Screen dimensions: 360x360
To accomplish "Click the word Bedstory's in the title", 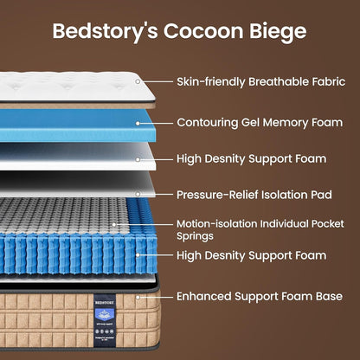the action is pyautogui.click(x=105, y=32).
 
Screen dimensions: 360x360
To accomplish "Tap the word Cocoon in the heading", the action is pyautogui.click(x=203, y=31).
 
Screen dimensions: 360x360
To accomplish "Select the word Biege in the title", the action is pyautogui.click(x=278, y=32).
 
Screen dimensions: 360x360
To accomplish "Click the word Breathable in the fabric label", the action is pyautogui.click(x=278, y=81).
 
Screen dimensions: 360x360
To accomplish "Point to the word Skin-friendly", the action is pyautogui.click(x=211, y=82).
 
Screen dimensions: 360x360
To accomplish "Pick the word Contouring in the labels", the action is pyautogui.click(x=208, y=123).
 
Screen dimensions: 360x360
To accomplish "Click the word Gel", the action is pyautogui.click(x=250, y=123).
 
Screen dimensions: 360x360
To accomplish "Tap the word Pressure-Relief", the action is pyautogui.click(x=217, y=195).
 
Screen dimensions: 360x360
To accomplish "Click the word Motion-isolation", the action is pyautogui.click(x=217, y=223).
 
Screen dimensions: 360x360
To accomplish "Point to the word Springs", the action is pyautogui.click(x=195, y=236).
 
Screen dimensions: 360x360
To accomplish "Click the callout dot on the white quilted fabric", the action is pyautogui.click(x=138, y=81).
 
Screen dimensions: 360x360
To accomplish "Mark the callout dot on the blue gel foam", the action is pyautogui.click(x=138, y=123).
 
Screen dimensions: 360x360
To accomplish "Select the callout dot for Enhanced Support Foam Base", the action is pyautogui.click(x=138, y=297).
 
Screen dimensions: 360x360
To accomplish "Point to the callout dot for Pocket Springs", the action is pyautogui.click(x=114, y=224).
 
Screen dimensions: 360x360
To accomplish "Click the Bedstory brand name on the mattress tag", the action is pyautogui.click(x=105, y=303).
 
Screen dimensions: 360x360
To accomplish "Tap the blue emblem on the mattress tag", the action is pyautogui.click(x=105, y=314).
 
